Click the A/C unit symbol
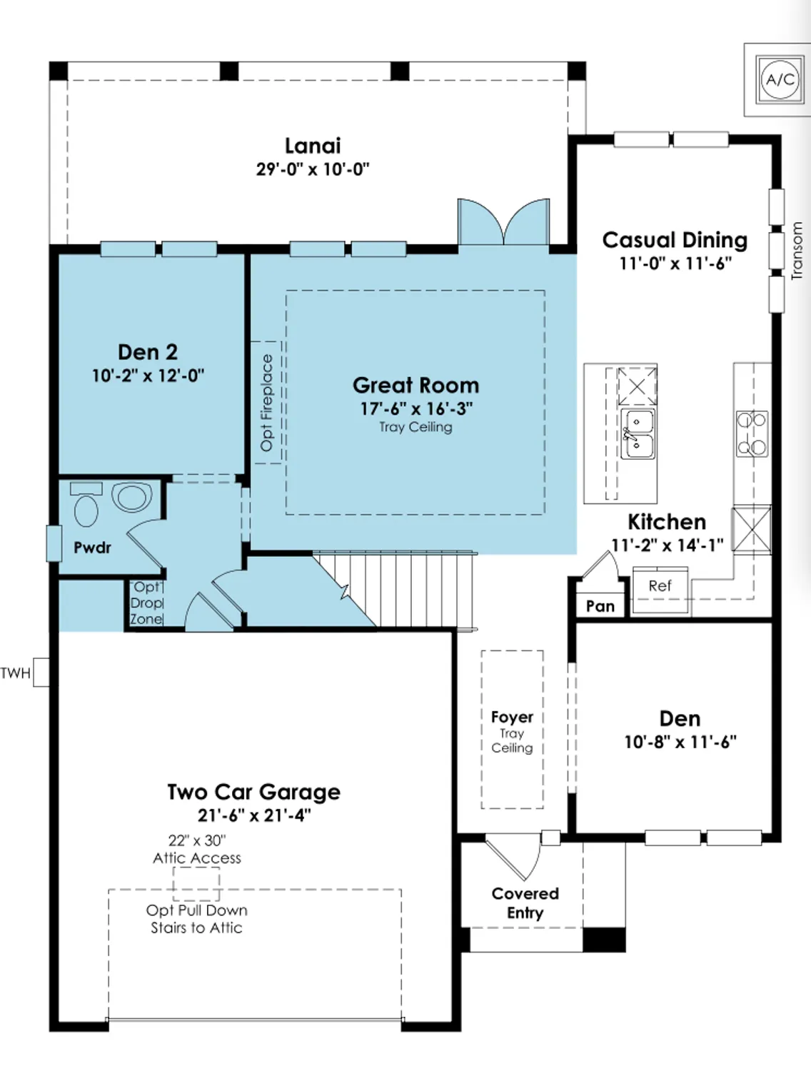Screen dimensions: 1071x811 coord(780,79)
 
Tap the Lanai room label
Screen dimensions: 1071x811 coord(313,146)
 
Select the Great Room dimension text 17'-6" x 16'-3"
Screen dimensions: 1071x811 coord(415,408)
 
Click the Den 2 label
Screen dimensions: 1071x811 coord(148,352)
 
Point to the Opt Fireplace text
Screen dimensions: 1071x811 coord(266,403)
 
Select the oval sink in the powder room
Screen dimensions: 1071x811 coord(132,496)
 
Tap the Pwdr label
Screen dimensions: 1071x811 coord(92,548)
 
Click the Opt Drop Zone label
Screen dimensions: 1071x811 coord(146,603)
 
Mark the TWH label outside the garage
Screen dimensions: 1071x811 coord(16,673)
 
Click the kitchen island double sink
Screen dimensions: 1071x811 coord(637,433)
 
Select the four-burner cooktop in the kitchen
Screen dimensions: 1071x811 coord(752,433)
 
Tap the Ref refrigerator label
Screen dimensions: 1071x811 coord(660,585)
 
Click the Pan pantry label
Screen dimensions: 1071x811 coord(600,606)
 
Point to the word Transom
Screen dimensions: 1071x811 coord(797,250)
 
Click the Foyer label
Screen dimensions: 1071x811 coord(512,717)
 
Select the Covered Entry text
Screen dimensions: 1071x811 coord(525,903)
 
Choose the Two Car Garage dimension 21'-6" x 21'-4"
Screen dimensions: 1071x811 coord(254,815)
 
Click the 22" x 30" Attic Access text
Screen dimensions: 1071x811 coord(197,849)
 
